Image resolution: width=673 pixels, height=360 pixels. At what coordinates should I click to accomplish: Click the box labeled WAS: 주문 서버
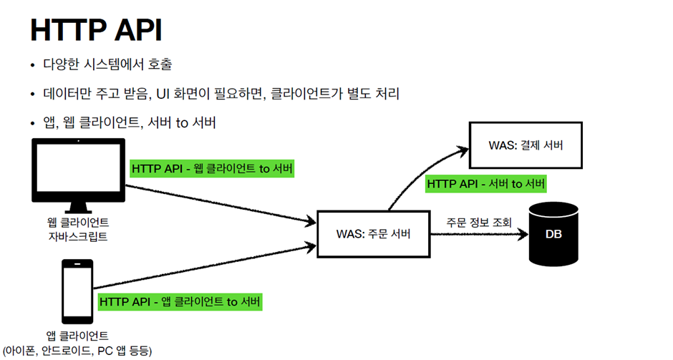coord(374,233)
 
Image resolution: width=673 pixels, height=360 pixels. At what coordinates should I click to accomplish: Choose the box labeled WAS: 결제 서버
coord(525,145)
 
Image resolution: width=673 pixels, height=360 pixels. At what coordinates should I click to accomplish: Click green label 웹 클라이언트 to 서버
coord(213,168)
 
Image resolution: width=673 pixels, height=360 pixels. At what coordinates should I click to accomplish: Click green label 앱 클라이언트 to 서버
coord(180,301)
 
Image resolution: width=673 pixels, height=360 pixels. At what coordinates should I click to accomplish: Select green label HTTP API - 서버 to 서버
coord(486,183)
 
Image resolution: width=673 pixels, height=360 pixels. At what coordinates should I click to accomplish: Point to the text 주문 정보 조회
coord(479,223)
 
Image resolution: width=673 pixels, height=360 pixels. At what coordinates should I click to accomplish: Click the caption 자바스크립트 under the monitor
coord(78,236)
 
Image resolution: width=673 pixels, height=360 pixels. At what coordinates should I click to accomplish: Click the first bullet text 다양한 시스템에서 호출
coord(107,65)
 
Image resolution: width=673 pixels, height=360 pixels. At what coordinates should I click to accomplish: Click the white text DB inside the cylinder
coord(553,234)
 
